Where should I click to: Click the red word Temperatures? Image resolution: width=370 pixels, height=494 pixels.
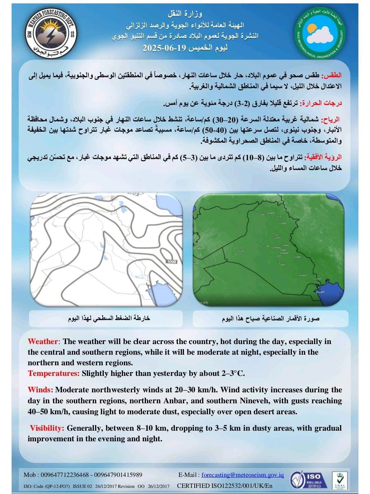coord(54,373)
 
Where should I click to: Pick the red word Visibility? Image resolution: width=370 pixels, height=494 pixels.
coord(47,428)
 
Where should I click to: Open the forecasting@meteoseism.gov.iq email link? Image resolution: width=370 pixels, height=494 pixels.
coord(243,475)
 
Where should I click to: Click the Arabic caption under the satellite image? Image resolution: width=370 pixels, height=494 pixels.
coord(271,319)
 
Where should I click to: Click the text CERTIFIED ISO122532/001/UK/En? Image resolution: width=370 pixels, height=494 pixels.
coord(225,486)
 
